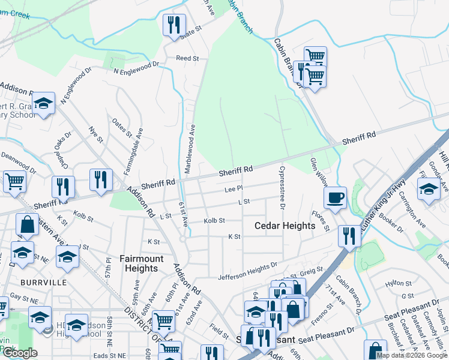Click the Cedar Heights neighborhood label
(x=285, y=226)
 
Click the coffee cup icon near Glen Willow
(x=335, y=197)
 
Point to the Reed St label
(x=187, y=58)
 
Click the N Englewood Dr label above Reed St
(x=137, y=67)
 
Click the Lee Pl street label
(x=233, y=188)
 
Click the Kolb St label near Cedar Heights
(x=214, y=221)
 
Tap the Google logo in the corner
(x=20, y=353)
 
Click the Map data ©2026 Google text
(x=412, y=355)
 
